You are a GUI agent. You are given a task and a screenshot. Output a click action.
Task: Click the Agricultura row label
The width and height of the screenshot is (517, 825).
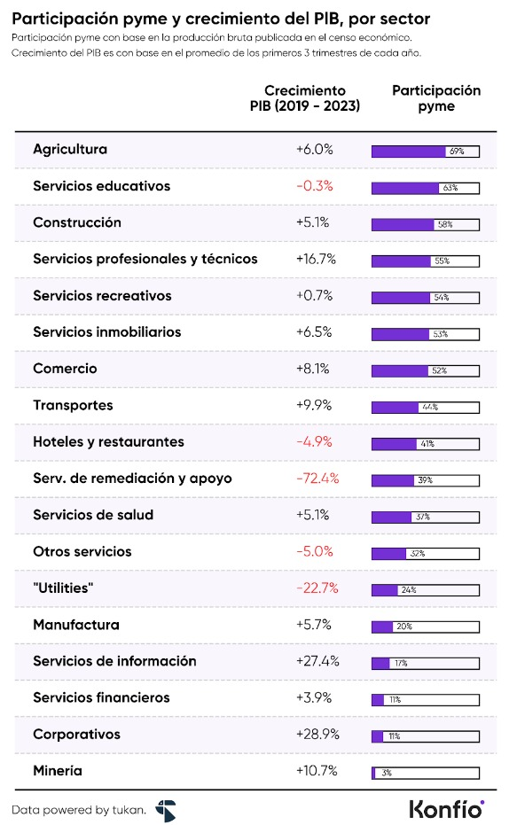pos(70,150)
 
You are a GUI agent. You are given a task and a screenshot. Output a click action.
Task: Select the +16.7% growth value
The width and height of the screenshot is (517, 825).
pos(315,260)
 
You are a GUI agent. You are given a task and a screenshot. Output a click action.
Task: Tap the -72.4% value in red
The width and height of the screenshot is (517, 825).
pos(315,479)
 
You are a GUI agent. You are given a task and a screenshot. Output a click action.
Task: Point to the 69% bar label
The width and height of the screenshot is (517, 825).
pos(458,152)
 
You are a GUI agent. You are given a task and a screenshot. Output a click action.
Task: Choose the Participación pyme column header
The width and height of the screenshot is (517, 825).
pos(436,98)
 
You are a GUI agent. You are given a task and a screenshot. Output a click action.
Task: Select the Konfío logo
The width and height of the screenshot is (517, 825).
pos(446,808)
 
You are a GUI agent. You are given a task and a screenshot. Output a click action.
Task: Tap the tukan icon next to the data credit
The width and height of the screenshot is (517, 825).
pos(166,809)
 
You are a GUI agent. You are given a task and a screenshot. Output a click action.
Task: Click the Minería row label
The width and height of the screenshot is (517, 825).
pos(58,771)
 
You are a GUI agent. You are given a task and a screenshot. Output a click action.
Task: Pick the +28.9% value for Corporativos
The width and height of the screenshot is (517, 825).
pos(315,735)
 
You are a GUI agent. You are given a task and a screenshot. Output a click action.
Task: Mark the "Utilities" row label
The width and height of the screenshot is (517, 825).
pos(63,588)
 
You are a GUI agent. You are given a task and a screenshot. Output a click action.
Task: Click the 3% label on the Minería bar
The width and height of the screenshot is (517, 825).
pos(386,773)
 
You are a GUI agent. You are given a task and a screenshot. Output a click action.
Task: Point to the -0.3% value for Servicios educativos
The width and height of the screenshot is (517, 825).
pos(315,187)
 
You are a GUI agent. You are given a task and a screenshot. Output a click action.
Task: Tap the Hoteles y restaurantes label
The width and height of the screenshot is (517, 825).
pos(108,442)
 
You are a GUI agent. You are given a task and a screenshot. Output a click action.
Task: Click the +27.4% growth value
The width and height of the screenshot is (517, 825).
pos(315,662)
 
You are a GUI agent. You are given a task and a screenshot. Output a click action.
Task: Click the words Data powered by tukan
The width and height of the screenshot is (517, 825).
pos(78,809)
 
